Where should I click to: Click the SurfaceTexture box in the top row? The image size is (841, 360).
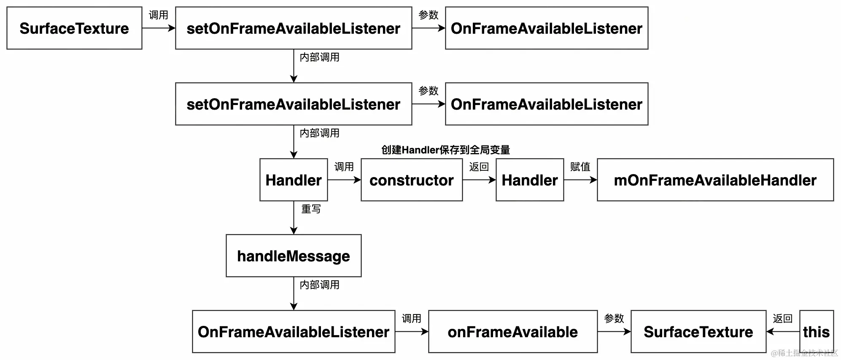click(x=74, y=28)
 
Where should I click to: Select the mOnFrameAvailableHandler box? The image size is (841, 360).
click(x=715, y=180)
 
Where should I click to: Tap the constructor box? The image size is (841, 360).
click(x=411, y=180)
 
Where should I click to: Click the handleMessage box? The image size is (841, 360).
click(x=294, y=256)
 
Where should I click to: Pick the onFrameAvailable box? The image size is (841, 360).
click(x=512, y=332)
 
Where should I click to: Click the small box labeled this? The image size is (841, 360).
click(x=816, y=332)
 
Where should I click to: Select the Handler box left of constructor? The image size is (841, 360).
click(x=294, y=180)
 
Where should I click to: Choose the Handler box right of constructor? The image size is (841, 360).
click(x=529, y=180)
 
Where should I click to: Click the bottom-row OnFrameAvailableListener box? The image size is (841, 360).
click(x=294, y=332)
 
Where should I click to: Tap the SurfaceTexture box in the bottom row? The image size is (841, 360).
click(x=698, y=332)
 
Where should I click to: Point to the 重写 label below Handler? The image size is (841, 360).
click(x=311, y=209)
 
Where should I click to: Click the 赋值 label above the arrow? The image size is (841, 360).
click(x=580, y=167)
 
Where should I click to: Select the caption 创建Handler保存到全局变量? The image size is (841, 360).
click(x=445, y=150)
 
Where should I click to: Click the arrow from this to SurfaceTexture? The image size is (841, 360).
click(x=783, y=332)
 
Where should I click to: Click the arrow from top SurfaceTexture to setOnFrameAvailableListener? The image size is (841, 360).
click(x=159, y=28)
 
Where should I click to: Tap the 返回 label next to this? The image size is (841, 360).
click(x=782, y=319)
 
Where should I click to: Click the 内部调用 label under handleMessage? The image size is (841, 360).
click(x=319, y=285)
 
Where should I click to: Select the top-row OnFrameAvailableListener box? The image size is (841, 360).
click(x=546, y=28)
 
